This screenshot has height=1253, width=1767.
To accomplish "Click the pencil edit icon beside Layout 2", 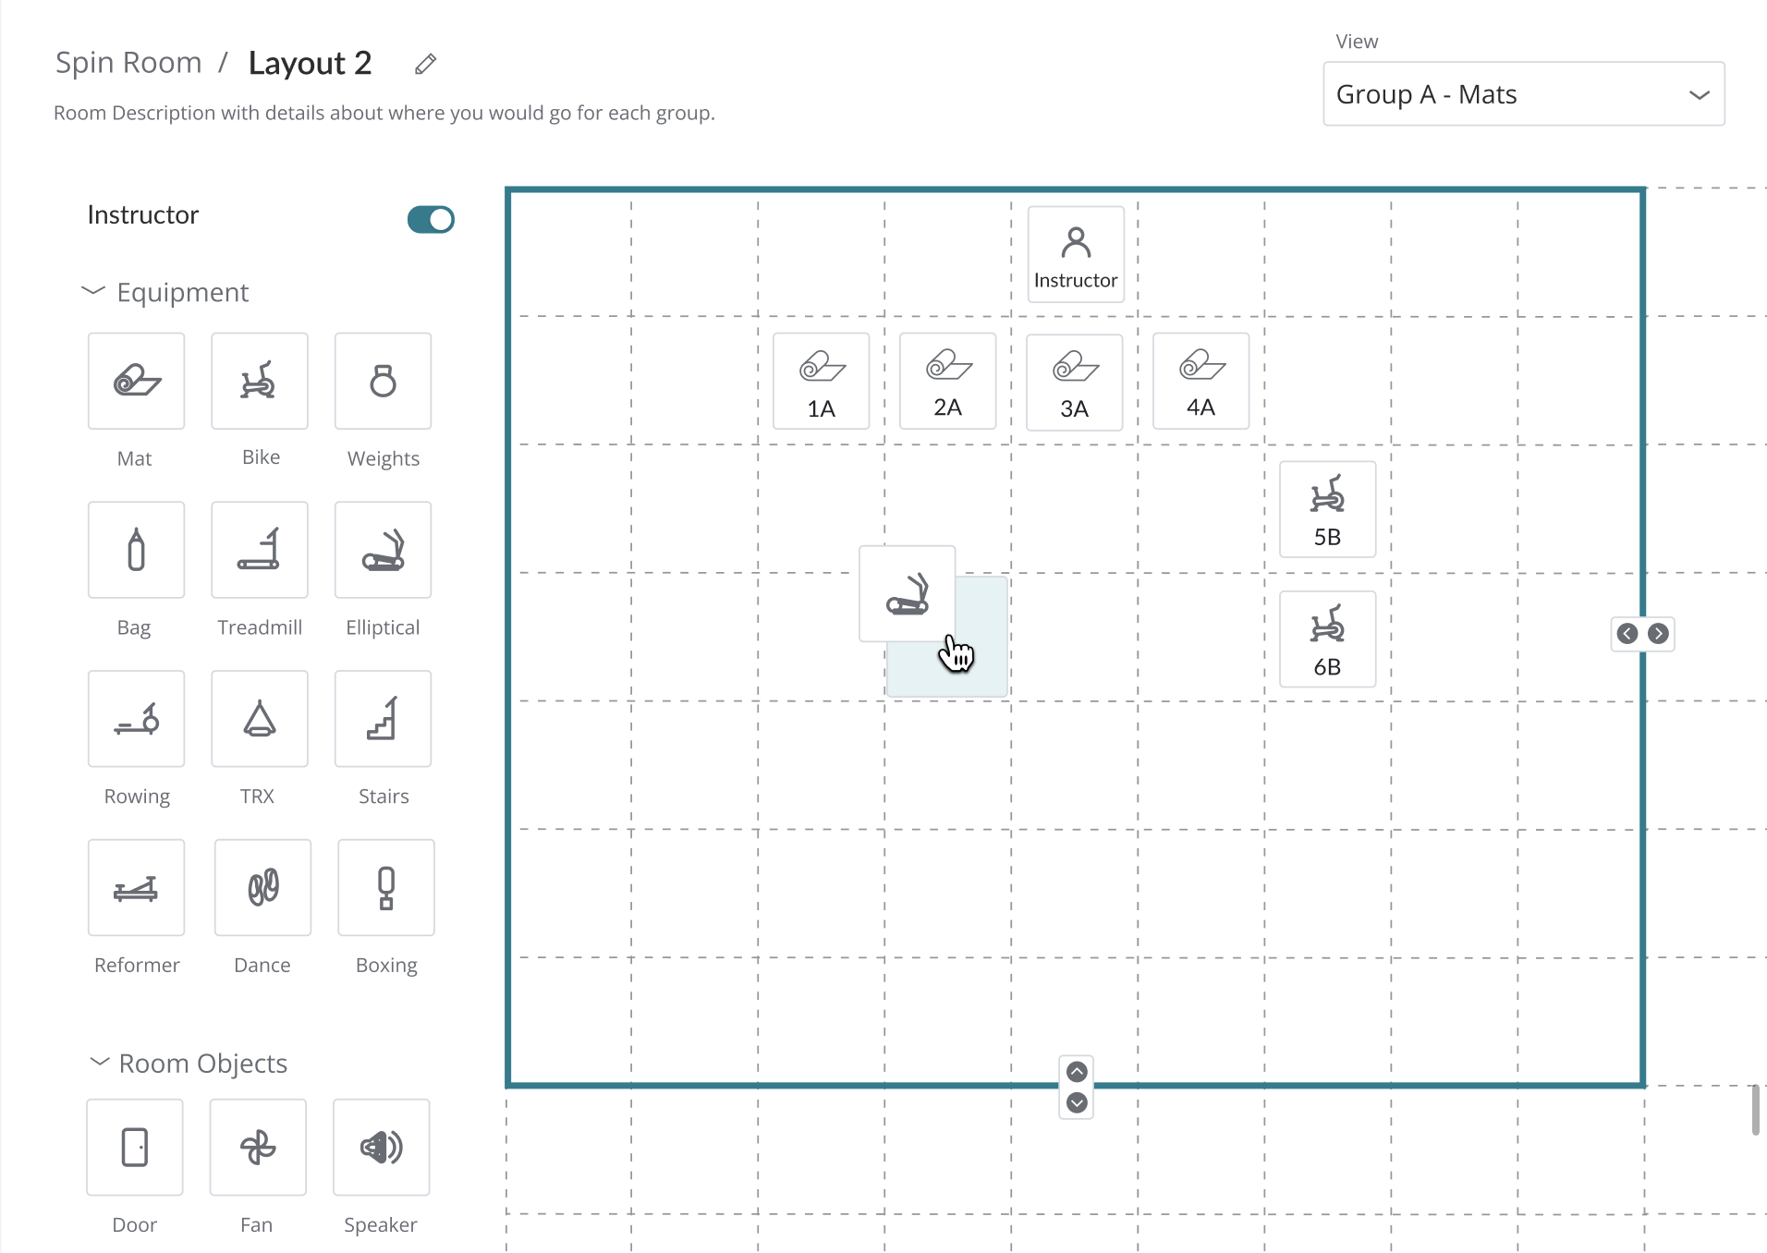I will (425, 64).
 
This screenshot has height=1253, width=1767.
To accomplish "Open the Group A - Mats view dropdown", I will (1523, 94).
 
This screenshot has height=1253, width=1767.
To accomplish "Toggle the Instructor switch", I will (431, 219).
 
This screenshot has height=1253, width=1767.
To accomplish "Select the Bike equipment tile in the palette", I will (259, 381).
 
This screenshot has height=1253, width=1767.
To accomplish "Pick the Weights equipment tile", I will (383, 381).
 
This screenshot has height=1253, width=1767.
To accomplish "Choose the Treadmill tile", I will (259, 550).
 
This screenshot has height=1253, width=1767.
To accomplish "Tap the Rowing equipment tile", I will (136, 719).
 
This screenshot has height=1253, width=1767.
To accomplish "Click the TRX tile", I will (259, 719).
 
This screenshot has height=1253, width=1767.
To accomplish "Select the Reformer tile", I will (136, 888).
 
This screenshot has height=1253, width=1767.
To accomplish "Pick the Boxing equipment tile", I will (385, 888).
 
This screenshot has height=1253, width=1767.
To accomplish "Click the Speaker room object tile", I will (381, 1148).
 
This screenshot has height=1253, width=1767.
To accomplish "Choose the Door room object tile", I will (135, 1148).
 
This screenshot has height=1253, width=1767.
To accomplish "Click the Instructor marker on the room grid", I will (1076, 254).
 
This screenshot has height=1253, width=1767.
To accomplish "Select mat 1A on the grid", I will (821, 381).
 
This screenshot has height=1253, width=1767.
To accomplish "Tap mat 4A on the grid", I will (1200, 381).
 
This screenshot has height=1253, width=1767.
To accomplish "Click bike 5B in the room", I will (1327, 509).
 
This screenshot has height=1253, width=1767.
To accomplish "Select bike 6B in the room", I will (1327, 639).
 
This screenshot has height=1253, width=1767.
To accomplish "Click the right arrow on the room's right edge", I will (1658, 634).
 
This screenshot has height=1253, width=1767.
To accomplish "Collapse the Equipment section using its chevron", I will (93, 291).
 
